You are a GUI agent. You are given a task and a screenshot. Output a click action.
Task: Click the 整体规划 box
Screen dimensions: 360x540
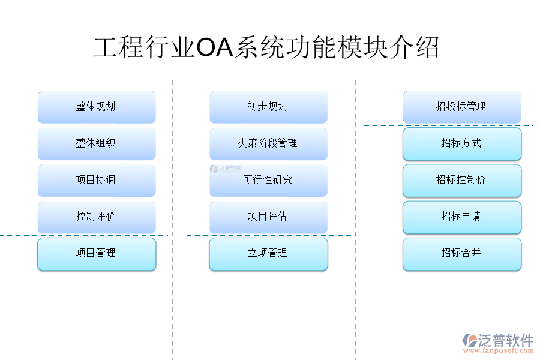pyautogui.click(x=96, y=107)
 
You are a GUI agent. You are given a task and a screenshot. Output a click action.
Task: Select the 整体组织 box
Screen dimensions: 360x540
pyautogui.click(x=96, y=143)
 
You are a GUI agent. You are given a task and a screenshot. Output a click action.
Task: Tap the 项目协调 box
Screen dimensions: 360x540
pyautogui.click(x=96, y=180)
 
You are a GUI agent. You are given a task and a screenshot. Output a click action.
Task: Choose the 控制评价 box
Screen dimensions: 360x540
pyautogui.click(x=96, y=217)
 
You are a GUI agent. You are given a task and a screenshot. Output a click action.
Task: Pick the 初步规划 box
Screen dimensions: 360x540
pyautogui.click(x=268, y=107)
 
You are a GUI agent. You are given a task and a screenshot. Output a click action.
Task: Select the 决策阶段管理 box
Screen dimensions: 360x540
pyautogui.click(x=268, y=143)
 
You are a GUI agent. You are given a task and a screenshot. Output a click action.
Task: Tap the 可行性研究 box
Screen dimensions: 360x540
pyautogui.click(x=268, y=180)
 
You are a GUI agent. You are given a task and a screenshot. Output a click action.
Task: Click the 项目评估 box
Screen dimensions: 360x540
pyautogui.click(x=268, y=217)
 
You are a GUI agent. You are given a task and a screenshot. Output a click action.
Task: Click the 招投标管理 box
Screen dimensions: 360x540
pyautogui.click(x=461, y=107)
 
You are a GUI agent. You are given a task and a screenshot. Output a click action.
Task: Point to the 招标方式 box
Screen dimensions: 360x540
pyautogui.click(x=461, y=143)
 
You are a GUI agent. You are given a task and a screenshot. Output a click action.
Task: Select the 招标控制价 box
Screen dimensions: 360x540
pyautogui.click(x=461, y=180)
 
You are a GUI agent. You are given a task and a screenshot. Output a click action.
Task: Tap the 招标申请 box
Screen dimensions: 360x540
pyautogui.click(x=461, y=217)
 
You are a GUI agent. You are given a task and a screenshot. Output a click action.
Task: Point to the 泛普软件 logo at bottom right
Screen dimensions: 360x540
pyautogui.click(x=498, y=341)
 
